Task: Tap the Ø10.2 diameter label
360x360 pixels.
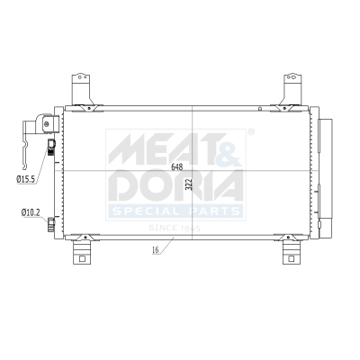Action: coord(30,212)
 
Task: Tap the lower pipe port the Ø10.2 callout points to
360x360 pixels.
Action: coord(52,221)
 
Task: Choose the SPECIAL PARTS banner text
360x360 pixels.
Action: coord(176,211)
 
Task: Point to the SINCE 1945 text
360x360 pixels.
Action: coord(175,227)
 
